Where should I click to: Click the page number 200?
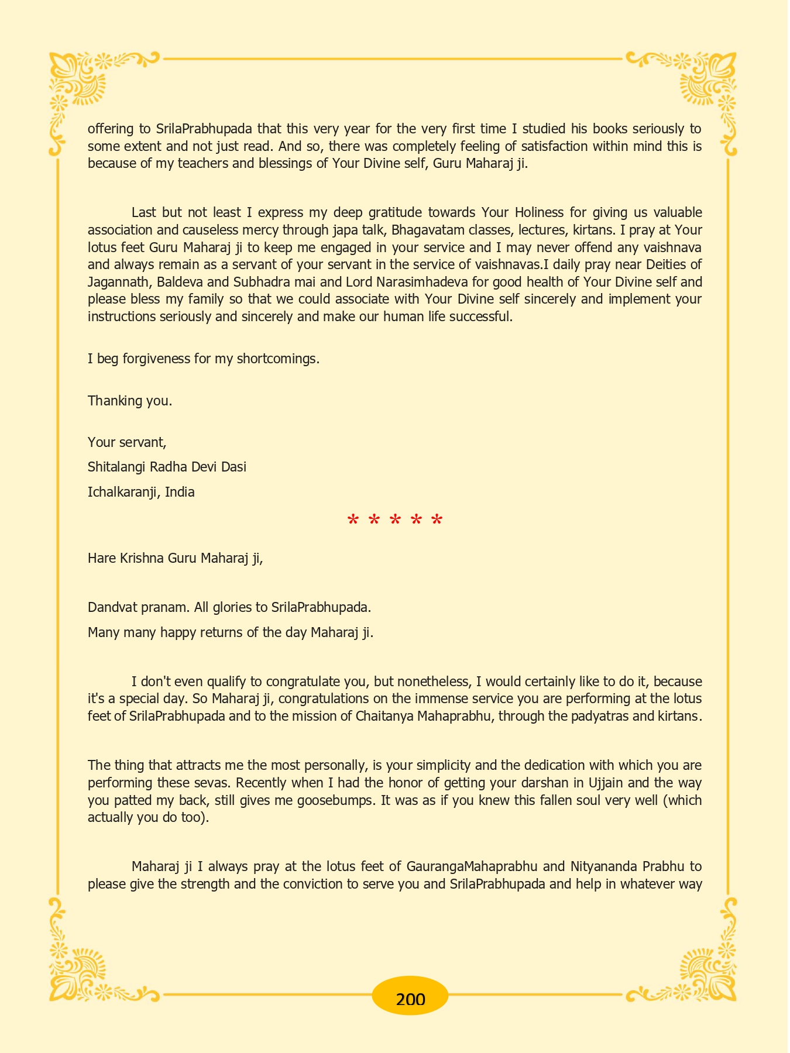pyautogui.click(x=410, y=999)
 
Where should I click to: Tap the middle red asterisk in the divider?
pyautogui.click(x=395, y=520)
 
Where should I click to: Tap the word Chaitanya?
pyautogui.click(x=384, y=716)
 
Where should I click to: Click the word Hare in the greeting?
pyautogui.click(x=101, y=558)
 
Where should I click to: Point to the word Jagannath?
pyautogui.click(x=119, y=282)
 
